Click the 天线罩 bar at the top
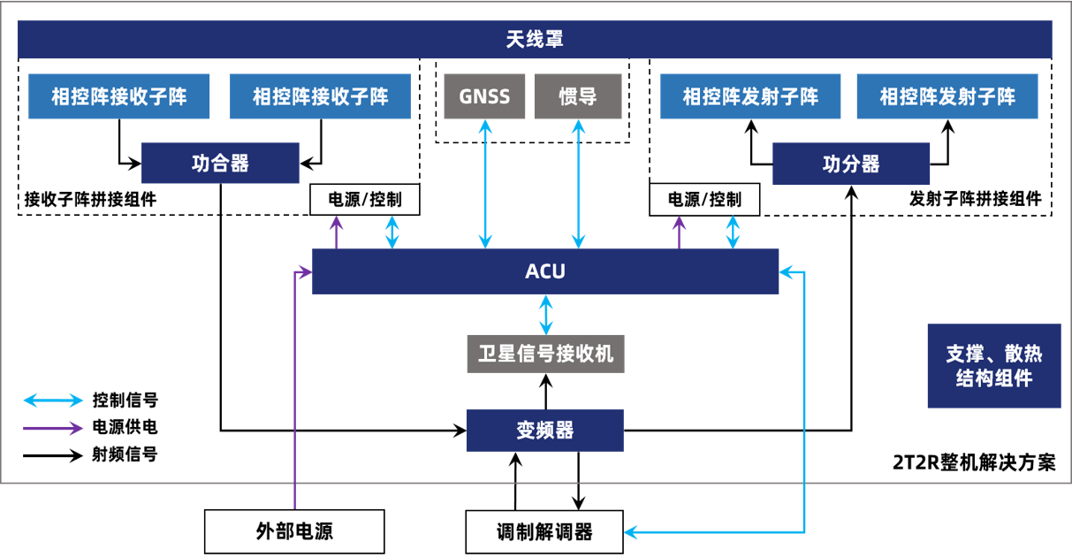point(535,40)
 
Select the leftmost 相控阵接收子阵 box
point(119,96)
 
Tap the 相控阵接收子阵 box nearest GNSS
point(320,96)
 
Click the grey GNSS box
point(484,96)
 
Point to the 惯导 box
point(578,96)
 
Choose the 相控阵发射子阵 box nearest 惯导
point(750,96)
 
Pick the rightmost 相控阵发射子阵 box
point(947,96)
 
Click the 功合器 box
point(220,164)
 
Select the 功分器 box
point(851,164)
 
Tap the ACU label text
point(545,271)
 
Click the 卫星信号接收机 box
point(545,355)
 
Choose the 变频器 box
point(545,431)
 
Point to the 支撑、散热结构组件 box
point(994,366)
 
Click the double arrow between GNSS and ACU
point(485,183)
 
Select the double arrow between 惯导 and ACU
point(578,183)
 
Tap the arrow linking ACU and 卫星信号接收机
point(546,315)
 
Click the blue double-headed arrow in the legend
point(53,401)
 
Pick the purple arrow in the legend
point(53,428)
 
